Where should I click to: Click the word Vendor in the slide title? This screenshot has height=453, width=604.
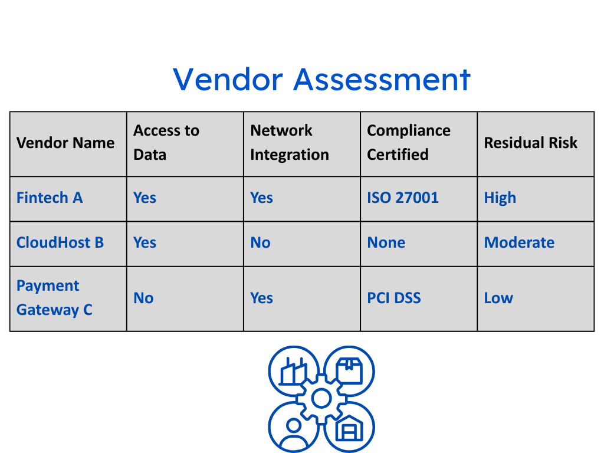tap(228, 80)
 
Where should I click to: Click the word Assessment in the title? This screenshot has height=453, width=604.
tap(382, 80)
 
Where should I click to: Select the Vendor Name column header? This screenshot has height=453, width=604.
tap(65, 143)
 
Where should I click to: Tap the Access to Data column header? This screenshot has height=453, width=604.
tap(166, 143)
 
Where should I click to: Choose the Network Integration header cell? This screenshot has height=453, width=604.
tap(290, 143)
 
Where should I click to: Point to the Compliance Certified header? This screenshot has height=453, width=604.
tap(409, 143)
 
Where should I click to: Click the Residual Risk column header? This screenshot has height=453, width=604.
tap(531, 143)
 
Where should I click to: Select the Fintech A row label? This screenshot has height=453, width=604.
tap(50, 198)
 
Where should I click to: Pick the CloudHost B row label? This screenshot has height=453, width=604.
tap(60, 242)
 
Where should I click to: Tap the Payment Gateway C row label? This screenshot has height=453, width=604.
tap(54, 298)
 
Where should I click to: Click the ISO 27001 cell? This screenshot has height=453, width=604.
tap(402, 198)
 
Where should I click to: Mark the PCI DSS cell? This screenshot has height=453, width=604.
tap(393, 298)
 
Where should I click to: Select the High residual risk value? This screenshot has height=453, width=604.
tap(500, 198)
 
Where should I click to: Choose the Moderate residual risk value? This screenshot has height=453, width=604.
tap(519, 242)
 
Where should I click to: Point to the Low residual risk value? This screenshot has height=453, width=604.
tap(498, 298)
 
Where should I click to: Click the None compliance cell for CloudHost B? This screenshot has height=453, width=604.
tap(386, 242)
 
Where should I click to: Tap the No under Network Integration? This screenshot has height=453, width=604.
tap(260, 242)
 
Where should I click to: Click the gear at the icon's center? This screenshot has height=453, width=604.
tap(321, 399)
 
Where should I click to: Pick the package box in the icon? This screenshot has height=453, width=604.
tap(349, 370)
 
